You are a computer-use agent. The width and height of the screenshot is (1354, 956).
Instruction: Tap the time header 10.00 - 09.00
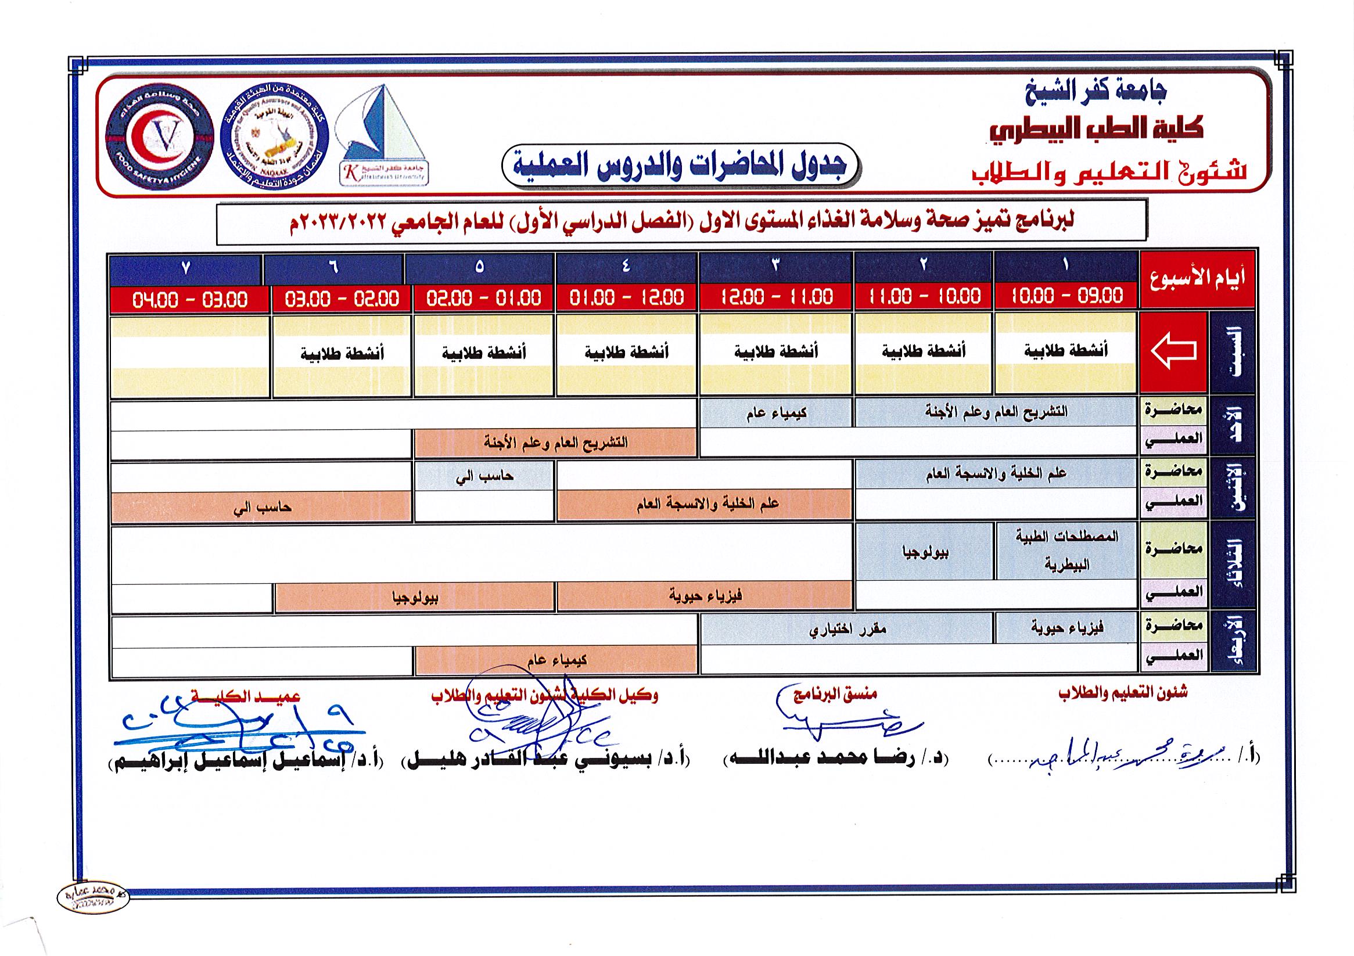(1066, 296)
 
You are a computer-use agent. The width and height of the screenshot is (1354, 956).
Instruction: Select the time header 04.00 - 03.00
(190, 300)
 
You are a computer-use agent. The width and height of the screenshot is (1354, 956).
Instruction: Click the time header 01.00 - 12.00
(627, 298)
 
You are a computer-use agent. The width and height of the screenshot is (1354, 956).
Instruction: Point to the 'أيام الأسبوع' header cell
(1197, 279)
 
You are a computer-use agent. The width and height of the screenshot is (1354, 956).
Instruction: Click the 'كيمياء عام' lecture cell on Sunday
(775, 413)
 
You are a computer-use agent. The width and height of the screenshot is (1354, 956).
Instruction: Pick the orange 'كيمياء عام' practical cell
(556, 660)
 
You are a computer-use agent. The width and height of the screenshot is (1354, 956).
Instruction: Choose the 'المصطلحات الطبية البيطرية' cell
(1066, 551)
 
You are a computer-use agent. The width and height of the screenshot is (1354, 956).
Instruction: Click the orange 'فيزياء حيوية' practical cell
(705, 596)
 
